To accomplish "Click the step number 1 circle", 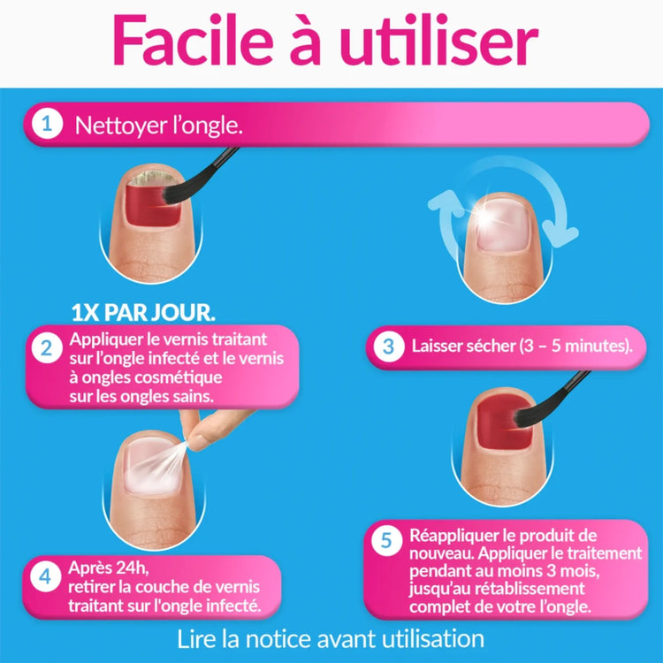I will tap(46, 125).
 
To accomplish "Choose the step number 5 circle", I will tap(384, 542).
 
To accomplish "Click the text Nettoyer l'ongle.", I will tap(158, 126).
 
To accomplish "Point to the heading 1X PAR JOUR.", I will tap(143, 313).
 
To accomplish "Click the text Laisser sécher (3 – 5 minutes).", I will tap(522, 346).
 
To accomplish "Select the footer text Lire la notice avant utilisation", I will tap(331, 637).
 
